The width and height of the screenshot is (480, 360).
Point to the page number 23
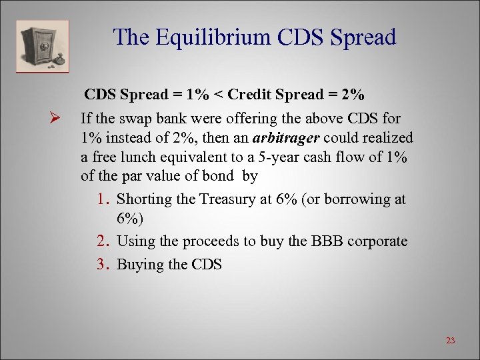tap(450, 341)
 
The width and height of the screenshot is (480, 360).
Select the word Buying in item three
tap(140, 264)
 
